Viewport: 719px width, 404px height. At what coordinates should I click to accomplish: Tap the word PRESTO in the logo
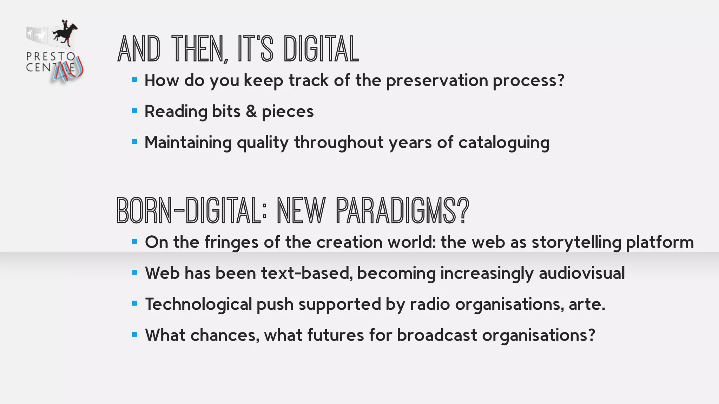(x=51, y=56)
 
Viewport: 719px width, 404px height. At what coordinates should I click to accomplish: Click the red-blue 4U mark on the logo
(x=68, y=70)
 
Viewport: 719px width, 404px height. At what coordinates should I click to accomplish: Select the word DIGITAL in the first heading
(x=321, y=49)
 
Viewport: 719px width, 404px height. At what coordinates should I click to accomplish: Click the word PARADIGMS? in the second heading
(x=402, y=211)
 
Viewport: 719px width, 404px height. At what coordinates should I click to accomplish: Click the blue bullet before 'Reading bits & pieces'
(x=134, y=111)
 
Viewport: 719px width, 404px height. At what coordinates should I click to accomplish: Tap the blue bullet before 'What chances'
(x=134, y=335)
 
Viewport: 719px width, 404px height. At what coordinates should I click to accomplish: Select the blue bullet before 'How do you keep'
(x=134, y=80)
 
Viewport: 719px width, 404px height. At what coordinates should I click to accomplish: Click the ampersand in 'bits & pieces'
(x=251, y=112)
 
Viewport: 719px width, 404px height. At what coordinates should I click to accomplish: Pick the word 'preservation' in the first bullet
(x=437, y=81)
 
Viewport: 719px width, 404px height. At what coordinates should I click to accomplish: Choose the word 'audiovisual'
(x=582, y=273)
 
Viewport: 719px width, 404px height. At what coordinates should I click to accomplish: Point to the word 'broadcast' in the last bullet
(x=437, y=335)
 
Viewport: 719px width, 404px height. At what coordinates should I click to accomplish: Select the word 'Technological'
(x=198, y=304)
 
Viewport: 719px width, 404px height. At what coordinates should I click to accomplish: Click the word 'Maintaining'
(x=188, y=143)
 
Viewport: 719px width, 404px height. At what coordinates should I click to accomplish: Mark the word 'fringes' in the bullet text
(x=232, y=242)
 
